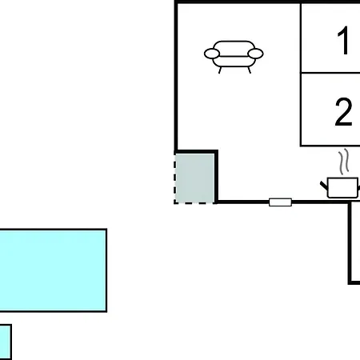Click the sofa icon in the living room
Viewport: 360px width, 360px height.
tap(234, 57)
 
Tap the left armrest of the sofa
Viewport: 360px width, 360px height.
tap(212, 54)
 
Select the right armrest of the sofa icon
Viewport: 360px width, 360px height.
tap(255, 54)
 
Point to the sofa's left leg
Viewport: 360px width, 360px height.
tap(220, 70)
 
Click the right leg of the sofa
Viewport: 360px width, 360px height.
tap(250, 70)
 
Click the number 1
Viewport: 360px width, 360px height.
tap(343, 41)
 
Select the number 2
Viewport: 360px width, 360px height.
tap(343, 111)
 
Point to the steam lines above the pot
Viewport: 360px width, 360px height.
tap(344, 161)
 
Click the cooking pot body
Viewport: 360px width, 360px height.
tap(342, 188)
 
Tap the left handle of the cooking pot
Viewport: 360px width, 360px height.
tap(324, 185)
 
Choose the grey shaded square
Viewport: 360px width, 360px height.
tap(194, 178)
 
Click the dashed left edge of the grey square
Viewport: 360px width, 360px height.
tap(175, 178)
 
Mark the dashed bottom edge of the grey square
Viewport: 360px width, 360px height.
tap(194, 203)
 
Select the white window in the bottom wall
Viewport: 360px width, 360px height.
tap(280, 202)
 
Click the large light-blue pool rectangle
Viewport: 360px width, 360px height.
tap(53, 270)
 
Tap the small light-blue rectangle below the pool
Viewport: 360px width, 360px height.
tap(6, 342)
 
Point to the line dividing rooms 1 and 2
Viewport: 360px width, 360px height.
tap(330, 72)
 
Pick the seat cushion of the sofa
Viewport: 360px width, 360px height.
tap(234, 61)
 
